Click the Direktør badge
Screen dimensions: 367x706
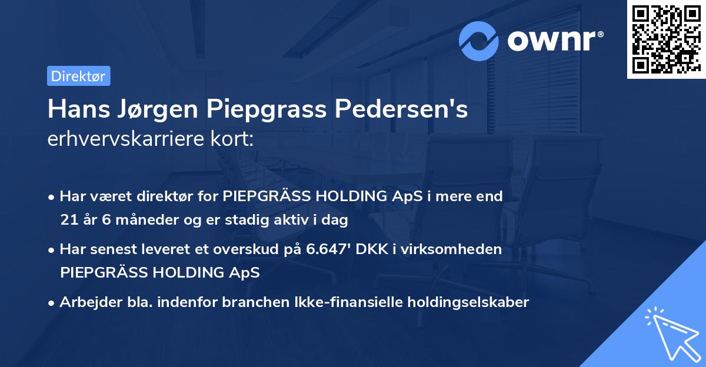(78, 76)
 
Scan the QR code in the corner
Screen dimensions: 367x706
(666, 39)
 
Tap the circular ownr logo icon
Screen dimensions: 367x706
(479, 41)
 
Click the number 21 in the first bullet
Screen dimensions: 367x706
(68, 221)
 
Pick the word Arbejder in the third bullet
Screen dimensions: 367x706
(86, 302)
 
